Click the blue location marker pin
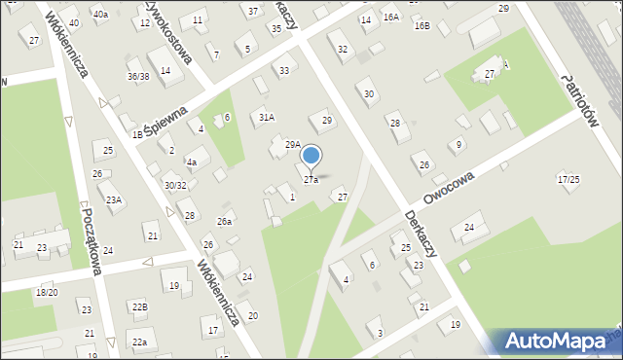(311, 156)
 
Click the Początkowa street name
(92, 238)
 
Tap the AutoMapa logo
(555, 342)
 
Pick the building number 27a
(311, 180)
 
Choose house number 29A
(292, 144)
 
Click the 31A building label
(266, 117)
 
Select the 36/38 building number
(137, 76)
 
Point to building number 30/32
(175, 185)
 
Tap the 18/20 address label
(47, 292)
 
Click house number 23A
(114, 199)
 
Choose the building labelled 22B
(140, 307)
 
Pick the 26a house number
(224, 222)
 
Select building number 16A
(390, 18)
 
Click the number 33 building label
(283, 70)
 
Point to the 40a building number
(100, 14)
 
